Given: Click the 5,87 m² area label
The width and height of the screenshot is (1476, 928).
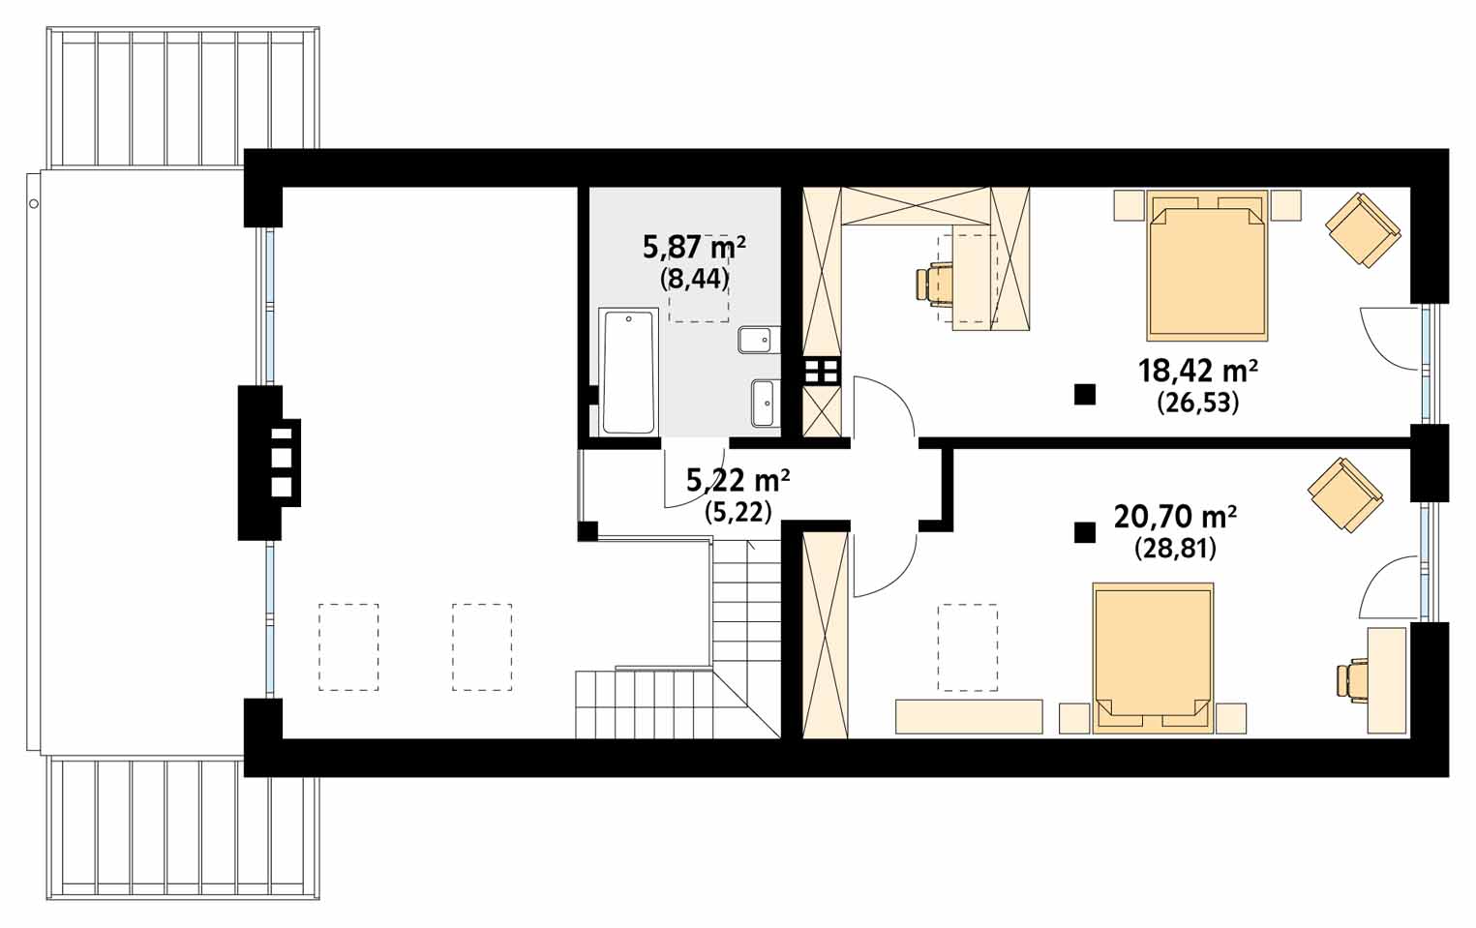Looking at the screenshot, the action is point(695,249).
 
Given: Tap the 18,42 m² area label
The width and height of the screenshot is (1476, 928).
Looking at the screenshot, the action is point(1198,372).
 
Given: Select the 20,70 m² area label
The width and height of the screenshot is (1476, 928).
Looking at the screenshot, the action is point(1175,517).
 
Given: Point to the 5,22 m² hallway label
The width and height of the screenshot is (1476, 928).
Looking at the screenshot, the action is point(738,481).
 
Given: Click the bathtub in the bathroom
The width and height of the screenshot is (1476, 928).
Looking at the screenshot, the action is point(628,372).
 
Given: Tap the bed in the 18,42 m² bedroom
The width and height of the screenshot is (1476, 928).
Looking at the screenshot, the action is point(1207,265).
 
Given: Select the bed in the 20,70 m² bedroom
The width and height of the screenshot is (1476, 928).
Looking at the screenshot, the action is point(1153,658).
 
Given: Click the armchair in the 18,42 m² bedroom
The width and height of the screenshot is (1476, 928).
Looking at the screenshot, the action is point(1363,230).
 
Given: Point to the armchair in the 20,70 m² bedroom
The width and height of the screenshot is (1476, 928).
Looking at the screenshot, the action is point(1345,494).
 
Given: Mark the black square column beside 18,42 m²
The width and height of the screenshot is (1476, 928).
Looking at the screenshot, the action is point(1085,395).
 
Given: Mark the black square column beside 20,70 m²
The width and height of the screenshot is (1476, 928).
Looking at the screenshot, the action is point(1085,532).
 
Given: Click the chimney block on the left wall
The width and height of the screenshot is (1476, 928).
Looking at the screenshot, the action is point(269,463).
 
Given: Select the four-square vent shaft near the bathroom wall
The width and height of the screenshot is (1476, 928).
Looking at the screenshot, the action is point(822,371).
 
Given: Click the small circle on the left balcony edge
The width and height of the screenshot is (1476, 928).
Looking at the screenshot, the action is point(34,204).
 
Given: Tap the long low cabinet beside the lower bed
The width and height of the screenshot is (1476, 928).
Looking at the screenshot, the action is point(969,717).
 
